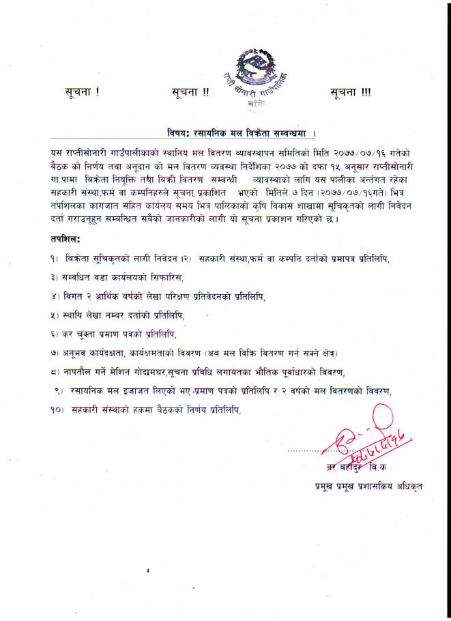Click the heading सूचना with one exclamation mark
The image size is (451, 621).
coord(82,92)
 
